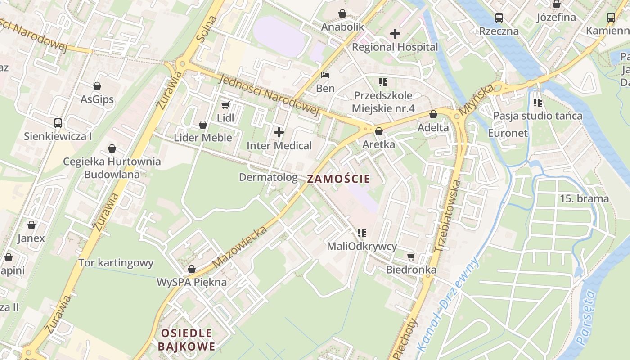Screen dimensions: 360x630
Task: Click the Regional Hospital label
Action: [395, 47]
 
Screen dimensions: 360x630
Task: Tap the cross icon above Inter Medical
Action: [279, 132]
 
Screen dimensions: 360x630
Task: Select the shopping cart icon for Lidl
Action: [225, 105]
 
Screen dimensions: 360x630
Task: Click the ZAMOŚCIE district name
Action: [338, 179]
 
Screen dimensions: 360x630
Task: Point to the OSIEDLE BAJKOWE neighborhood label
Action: [186, 340]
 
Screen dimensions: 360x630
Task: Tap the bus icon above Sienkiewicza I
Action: [58, 123]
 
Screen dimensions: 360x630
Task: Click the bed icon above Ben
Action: [325, 75]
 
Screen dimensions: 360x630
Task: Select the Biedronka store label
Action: [411, 270]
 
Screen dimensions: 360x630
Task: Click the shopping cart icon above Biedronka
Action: [411, 256]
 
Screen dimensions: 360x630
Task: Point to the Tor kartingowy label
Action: [116, 263]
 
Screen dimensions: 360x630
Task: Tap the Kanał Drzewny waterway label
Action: [448, 304]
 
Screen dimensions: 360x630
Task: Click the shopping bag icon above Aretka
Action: [378, 131]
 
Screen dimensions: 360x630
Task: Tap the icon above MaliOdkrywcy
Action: [361, 233]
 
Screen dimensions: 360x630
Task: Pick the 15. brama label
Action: [584, 198]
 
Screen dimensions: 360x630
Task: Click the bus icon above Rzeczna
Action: [499, 18]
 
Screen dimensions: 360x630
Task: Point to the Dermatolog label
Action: [268, 177]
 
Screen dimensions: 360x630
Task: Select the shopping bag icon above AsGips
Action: [97, 86]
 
